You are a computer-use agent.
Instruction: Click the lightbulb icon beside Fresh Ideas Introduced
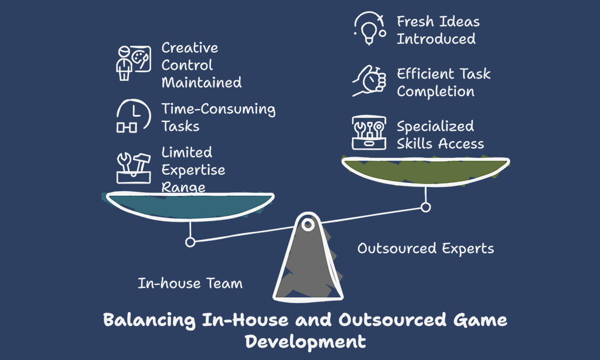(x=369, y=28)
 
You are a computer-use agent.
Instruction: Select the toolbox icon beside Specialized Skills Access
(x=369, y=133)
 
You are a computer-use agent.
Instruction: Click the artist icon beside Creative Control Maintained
(x=134, y=63)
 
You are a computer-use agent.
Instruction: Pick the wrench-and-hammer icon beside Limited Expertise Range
(x=134, y=168)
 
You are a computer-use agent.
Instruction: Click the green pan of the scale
(x=425, y=171)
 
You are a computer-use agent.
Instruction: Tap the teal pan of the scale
(x=190, y=206)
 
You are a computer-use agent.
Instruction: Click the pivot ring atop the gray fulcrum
(x=308, y=225)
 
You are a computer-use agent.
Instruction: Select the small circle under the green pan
(x=425, y=207)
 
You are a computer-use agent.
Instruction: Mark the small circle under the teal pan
(x=190, y=242)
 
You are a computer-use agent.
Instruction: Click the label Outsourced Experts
(x=425, y=249)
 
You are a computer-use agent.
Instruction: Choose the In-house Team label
(x=190, y=283)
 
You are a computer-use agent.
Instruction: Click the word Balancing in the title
(x=149, y=320)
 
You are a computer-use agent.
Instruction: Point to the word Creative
(x=190, y=48)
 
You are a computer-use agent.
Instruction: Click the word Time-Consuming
(x=218, y=109)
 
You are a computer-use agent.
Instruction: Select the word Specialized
(x=435, y=127)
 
